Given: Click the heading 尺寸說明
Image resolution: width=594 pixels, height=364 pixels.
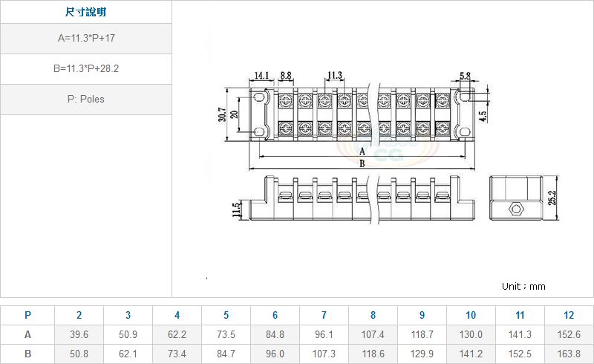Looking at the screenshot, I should click(86, 13).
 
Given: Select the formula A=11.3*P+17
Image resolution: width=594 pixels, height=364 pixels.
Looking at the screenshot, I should click(86, 39).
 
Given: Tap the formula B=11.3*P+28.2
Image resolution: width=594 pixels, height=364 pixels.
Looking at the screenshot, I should click(86, 68).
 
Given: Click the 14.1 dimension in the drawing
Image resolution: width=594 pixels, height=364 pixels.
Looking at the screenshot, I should click(261, 76).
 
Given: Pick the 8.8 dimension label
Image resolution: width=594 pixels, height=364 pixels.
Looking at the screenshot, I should click(286, 76).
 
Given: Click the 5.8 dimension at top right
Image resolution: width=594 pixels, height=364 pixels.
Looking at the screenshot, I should click(466, 76).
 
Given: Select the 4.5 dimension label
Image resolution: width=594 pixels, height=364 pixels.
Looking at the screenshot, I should click(483, 116).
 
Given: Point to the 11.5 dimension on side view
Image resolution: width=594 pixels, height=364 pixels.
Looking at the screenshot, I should click(237, 210).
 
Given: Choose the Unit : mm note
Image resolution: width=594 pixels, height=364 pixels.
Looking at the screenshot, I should click(523, 286).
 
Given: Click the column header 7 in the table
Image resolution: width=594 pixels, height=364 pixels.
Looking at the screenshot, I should click(324, 315).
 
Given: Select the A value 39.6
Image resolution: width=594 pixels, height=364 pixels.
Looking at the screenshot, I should click(79, 334).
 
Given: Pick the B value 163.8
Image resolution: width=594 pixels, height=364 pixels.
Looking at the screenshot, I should click(569, 354).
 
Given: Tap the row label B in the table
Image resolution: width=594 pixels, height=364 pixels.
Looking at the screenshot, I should click(27, 354).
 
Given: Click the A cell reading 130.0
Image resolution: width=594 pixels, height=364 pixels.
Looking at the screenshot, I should click(471, 334).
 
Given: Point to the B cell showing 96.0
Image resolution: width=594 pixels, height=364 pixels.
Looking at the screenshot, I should click(275, 354).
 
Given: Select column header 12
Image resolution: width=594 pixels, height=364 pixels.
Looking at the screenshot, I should click(569, 315).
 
